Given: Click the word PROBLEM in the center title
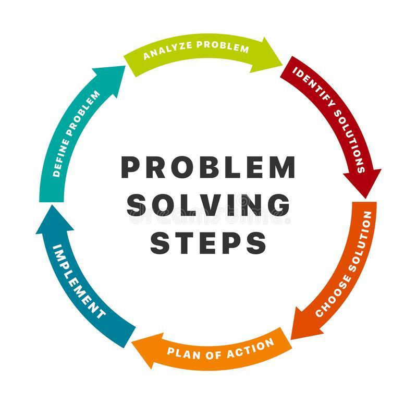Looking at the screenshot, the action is coord(208,167).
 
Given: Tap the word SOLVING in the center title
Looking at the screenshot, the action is coord(208,205).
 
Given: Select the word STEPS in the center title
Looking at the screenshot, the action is coord(208,242).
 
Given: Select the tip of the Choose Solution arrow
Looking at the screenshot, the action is coord(291,340).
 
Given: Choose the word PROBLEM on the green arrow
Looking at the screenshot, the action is coord(223,46).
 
